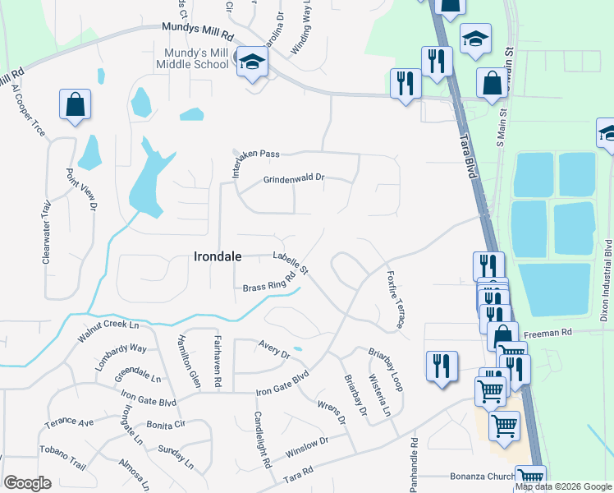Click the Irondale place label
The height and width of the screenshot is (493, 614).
(218, 256)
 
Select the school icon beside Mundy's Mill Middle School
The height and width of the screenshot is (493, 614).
(252, 61)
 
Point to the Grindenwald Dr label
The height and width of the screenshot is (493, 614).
(294, 177)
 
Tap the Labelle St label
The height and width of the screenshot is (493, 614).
(291, 263)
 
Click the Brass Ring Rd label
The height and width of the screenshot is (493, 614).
(269, 282)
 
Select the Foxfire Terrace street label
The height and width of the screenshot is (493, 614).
(395, 300)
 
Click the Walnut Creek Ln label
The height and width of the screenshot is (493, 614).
(108, 332)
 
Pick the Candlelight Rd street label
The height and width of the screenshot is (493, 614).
(262, 440)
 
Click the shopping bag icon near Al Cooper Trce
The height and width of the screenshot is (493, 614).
(75, 105)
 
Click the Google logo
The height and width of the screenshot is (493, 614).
(28, 483)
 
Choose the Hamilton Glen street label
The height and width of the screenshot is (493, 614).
(187, 362)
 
